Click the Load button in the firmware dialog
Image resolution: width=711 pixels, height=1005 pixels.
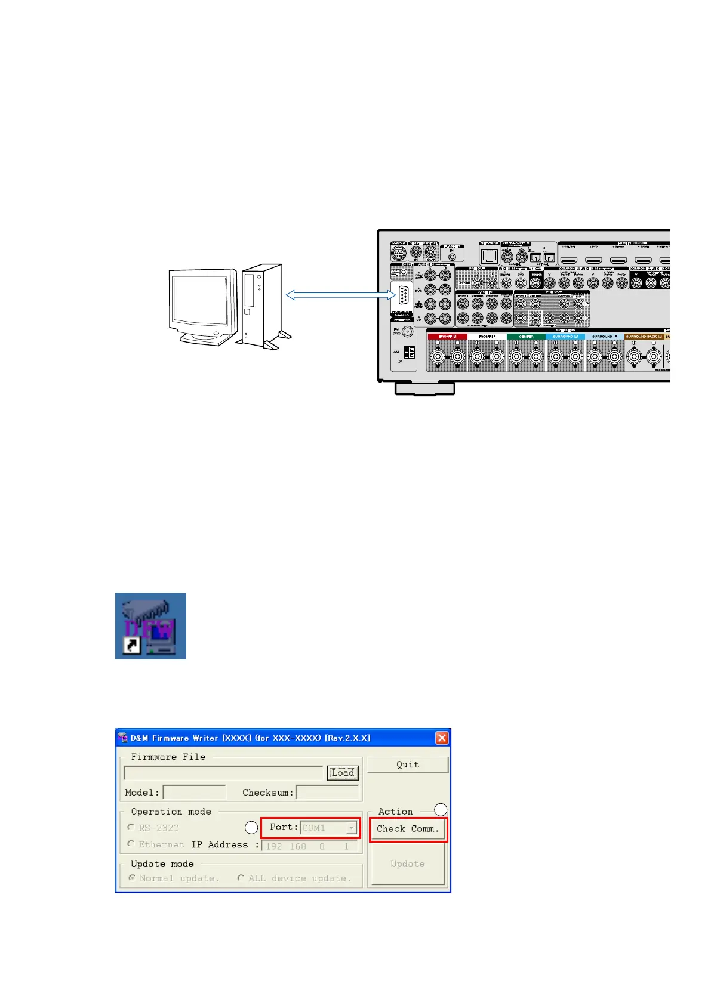click(x=343, y=773)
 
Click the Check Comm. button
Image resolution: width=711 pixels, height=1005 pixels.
click(x=408, y=829)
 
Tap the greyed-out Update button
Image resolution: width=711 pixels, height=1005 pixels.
click(x=408, y=864)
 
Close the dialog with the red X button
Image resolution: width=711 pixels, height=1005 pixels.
click(x=442, y=738)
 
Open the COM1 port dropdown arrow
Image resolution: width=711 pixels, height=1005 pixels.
click(x=352, y=828)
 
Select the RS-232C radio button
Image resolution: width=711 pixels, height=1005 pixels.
click(x=131, y=827)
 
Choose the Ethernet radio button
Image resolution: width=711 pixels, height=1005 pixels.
click(x=131, y=844)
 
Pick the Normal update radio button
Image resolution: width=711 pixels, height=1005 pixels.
click(x=132, y=878)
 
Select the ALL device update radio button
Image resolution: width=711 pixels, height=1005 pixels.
click(x=241, y=878)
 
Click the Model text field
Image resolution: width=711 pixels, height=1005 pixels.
click(x=194, y=793)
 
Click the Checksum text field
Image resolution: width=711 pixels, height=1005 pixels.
click(x=327, y=793)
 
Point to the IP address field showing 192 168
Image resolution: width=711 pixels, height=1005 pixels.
click(x=310, y=846)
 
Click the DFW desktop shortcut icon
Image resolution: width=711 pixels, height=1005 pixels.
click(x=150, y=626)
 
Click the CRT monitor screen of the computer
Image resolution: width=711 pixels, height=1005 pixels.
click(x=201, y=301)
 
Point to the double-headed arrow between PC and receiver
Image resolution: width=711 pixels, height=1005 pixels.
click(x=341, y=295)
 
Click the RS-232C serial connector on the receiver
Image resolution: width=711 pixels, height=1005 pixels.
click(x=403, y=296)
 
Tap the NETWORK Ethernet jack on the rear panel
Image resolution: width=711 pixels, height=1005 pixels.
click(x=490, y=257)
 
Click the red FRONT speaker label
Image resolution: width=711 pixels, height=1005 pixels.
click(x=447, y=337)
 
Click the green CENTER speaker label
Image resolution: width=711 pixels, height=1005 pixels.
click(x=526, y=337)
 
